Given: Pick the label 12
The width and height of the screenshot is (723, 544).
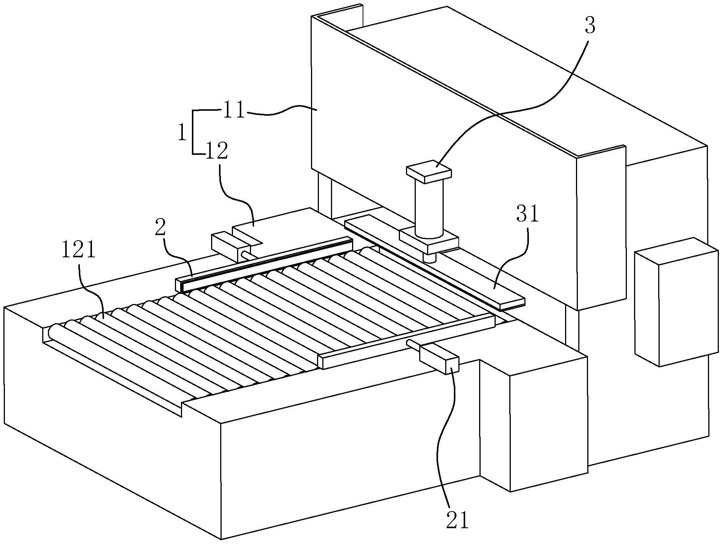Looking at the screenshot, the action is [x=216, y=151].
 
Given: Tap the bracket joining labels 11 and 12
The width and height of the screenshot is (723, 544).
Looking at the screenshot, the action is [x=193, y=132].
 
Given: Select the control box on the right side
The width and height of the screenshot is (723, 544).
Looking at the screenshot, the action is [x=676, y=301].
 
